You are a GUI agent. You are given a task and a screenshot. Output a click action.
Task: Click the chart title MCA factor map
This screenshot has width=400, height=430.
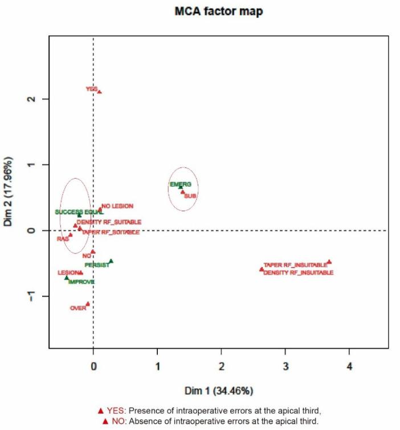(218, 11)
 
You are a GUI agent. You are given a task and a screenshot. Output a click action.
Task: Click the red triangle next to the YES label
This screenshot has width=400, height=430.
(100, 92)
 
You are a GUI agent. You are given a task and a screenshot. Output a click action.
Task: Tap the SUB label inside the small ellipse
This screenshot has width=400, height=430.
(190, 196)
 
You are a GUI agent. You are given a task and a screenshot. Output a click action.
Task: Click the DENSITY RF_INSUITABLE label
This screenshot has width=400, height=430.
(298, 273)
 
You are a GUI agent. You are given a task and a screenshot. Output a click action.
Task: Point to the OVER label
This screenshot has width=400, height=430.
(77, 308)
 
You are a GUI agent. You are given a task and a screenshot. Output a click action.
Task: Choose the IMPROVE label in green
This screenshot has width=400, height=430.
(81, 282)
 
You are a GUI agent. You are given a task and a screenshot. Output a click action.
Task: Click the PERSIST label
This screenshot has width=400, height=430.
(97, 265)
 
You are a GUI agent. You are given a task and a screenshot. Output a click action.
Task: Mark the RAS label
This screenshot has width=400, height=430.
(63, 239)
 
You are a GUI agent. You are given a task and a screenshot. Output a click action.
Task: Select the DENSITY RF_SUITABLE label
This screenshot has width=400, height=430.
(109, 222)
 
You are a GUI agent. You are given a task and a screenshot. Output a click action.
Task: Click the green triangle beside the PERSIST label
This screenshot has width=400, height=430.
(111, 261)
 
